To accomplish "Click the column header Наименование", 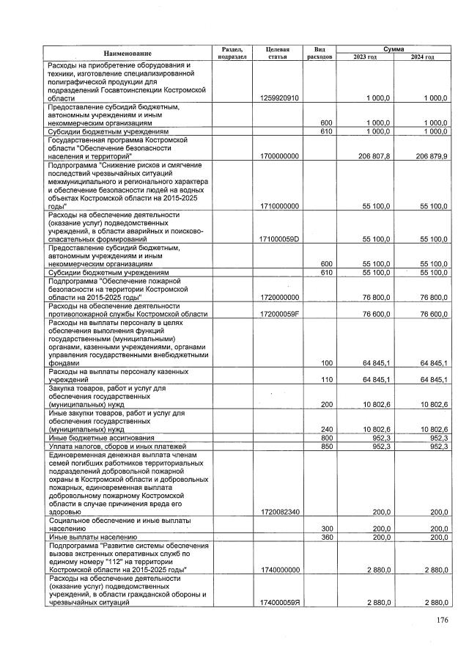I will tap(127, 53).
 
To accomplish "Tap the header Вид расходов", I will tap(320, 53).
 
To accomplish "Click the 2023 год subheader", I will tap(364, 57).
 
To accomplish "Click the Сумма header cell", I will tap(393, 48).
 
